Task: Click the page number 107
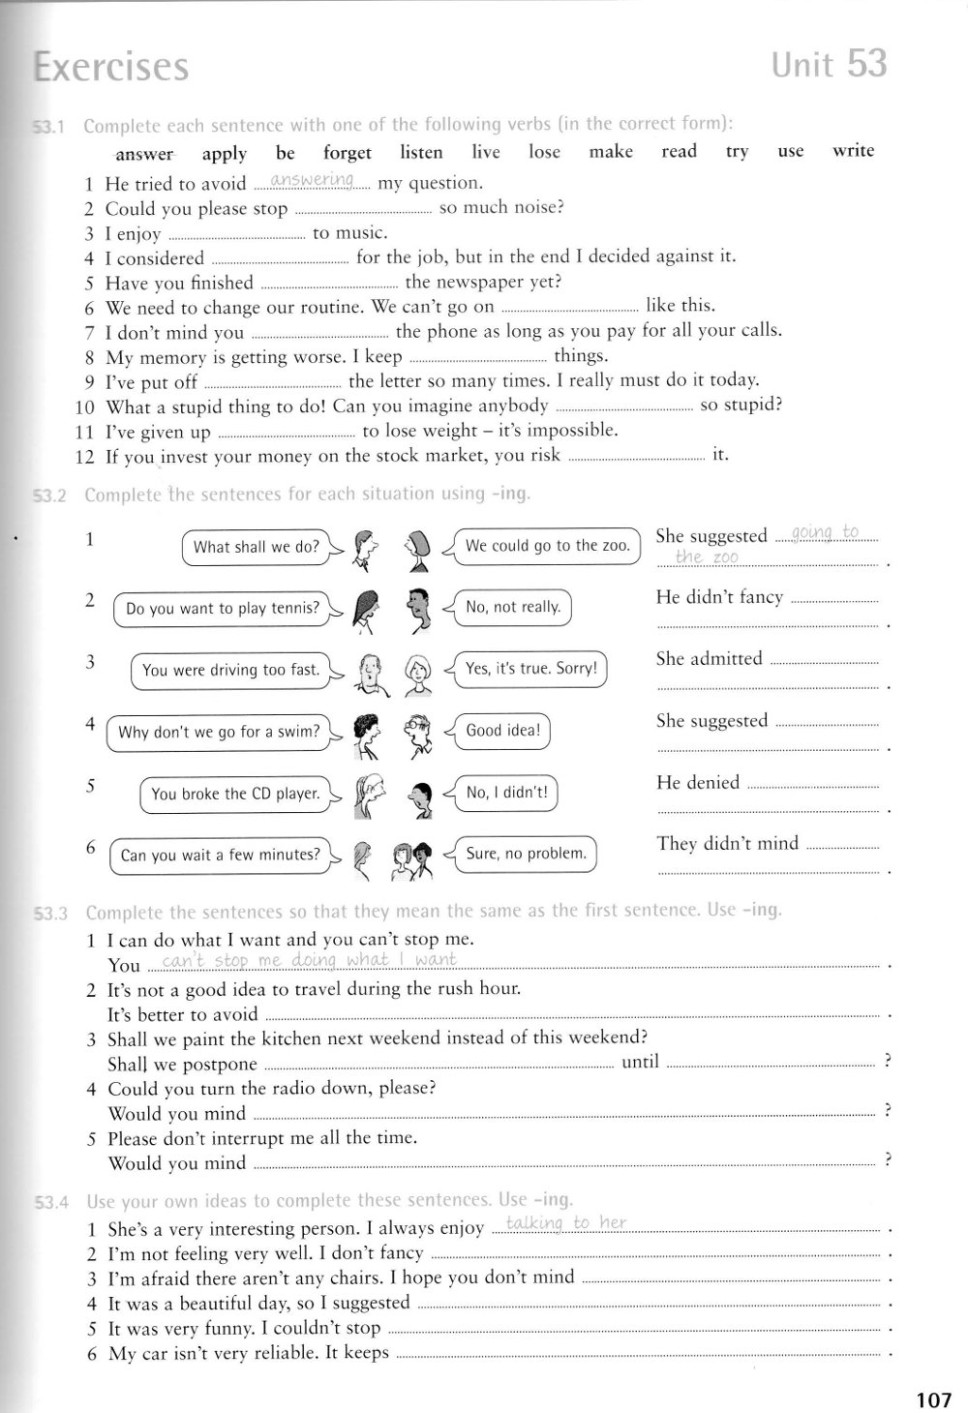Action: pyautogui.click(x=932, y=1398)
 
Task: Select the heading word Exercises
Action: pyautogui.click(x=110, y=67)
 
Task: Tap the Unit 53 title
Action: pyautogui.click(x=829, y=64)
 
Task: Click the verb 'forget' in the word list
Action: pyautogui.click(x=348, y=153)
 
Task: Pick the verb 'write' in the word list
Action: pyautogui.click(x=853, y=150)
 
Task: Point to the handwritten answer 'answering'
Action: pyautogui.click(x=313, y=180)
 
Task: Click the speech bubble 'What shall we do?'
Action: pyautogui.click(x=256, y=547)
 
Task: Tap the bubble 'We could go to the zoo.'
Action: pyautogui.click(x=547, y=546)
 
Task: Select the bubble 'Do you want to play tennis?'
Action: pyautogui.click(x=222, y=609)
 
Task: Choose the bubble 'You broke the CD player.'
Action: pyautogui.click(x=235, y=794)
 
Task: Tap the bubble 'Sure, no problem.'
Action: pyautogui.click(x=526, y=854)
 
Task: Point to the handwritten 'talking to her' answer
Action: pyautogui.click(x=566, y=1223)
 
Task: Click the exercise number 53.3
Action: pyautogui.click(x=51, y=913)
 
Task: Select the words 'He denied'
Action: pyautogui.click(x=697, y=782)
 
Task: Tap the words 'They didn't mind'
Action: pyautogui.click(x=727, y=843)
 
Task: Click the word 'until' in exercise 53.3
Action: pyautogui.click(x=640, y=1062)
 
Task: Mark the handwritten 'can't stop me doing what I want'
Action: pyautogui.click(x=310, y=960)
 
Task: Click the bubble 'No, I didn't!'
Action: pyautogui.click(x=506, y=793)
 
